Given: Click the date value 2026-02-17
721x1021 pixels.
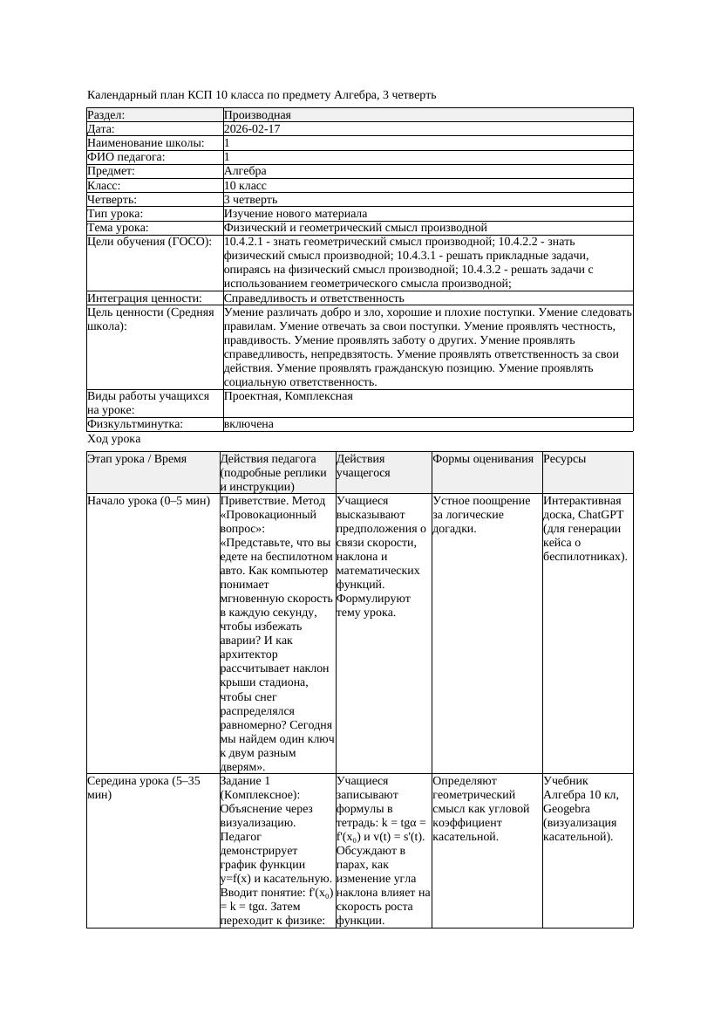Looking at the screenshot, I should coord(252,129).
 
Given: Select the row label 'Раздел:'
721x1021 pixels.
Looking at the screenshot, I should coord(106,115).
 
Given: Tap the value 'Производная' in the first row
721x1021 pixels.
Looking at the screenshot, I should coord(257,115).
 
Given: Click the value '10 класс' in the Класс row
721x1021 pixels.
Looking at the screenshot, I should coord(245,186).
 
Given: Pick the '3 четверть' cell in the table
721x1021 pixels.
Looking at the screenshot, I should coord(248,200).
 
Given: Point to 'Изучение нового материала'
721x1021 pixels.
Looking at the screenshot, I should coord(296,214).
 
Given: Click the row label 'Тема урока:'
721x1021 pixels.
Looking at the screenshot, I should coord(119,228).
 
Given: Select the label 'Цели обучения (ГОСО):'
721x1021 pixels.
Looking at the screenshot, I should coord(149,242).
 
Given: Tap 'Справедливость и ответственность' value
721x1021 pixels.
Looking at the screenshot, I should coord(314,298).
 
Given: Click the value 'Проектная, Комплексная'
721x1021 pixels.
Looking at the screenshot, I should coord(288,396).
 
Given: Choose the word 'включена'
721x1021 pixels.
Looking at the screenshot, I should coord(248,424).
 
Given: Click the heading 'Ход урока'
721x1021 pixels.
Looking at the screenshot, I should coord(114,440).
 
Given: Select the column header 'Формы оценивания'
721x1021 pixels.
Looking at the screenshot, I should coord(483,459).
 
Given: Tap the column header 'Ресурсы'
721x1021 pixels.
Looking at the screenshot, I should coord(564,459).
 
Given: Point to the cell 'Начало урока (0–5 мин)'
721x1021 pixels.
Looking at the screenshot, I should coord(148,502).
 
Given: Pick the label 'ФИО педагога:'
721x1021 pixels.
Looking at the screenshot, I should coord(126,157).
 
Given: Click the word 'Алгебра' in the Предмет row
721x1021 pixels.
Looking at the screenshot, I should coord(245,171).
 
